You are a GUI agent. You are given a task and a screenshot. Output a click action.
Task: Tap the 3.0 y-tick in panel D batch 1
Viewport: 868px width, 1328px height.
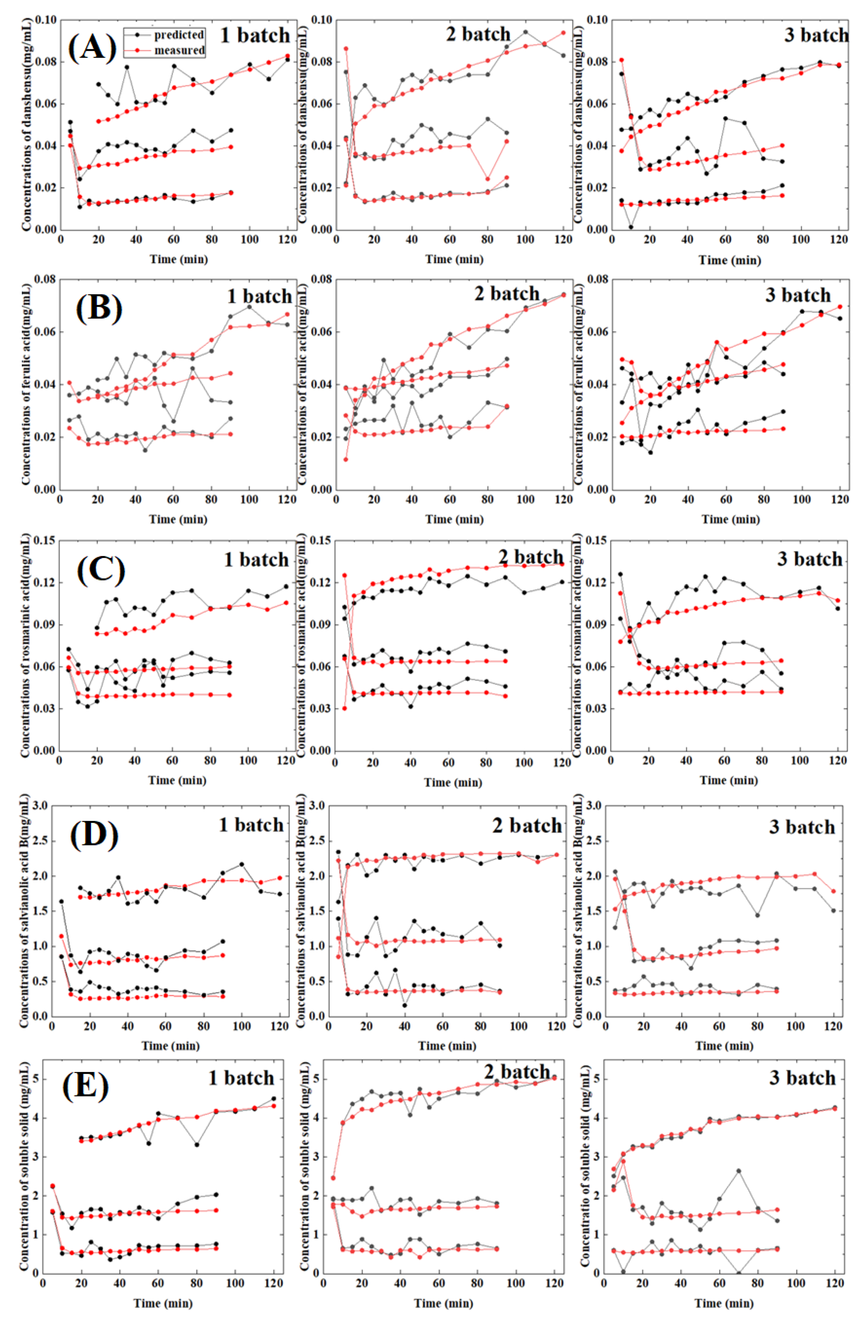[39, 806]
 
